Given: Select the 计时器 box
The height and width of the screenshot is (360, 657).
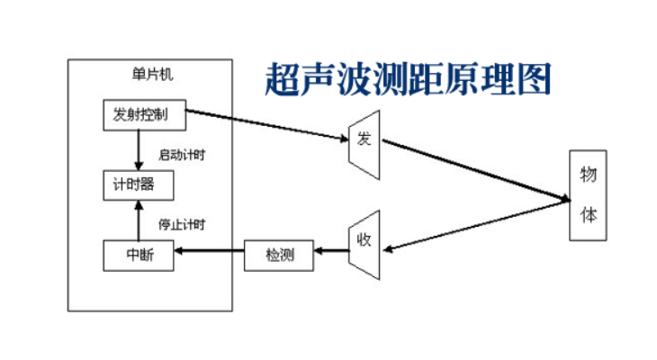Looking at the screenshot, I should tap(138, 186).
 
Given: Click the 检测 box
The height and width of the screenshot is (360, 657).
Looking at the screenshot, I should tap(280, 256).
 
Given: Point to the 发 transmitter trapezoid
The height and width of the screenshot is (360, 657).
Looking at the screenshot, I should tap(364, 139).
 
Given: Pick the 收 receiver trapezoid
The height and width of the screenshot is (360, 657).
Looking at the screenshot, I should tap(364, 240).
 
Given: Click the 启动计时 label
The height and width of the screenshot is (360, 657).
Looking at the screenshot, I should tap(183, 155).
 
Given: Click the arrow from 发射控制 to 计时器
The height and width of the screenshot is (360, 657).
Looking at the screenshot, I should tap(138, 148).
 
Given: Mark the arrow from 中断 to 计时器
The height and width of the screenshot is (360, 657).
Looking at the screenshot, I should tap(138, 221).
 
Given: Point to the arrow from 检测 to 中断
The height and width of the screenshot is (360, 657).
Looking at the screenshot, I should tap(209, 256).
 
